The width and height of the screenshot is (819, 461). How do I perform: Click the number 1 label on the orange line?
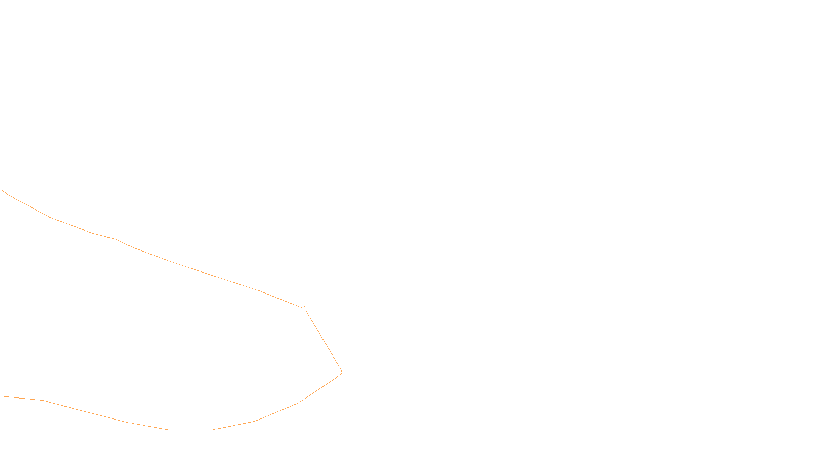point(305,308)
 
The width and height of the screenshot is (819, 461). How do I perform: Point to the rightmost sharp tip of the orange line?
point(341,372)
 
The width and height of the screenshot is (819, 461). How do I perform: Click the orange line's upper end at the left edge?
point(2,190)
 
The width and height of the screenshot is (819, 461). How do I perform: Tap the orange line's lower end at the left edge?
point(2,396)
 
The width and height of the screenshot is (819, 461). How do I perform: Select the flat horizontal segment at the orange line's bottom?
point(190,430)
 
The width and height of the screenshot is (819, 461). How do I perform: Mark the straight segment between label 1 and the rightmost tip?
point(324,341)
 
